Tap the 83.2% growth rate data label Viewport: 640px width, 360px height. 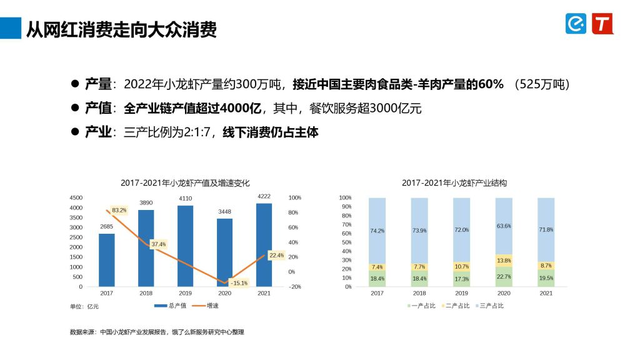pos(119,210)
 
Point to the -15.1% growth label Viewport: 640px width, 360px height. pos(238,282)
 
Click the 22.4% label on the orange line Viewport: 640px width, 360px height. pos(276,255)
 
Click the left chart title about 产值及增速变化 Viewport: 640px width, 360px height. pos(185,183)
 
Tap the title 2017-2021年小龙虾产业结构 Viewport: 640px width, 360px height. pos(454,183)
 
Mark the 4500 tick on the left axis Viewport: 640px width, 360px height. pos(75,197)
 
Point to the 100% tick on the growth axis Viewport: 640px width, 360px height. pos(294,197)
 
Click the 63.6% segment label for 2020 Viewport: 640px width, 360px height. pos(504,226)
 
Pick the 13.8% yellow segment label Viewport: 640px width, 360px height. pos(504,260)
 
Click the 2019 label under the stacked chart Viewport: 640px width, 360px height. pos(461,293)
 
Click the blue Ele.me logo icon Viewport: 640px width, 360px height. pos(576,24)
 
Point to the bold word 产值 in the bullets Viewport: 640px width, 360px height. pos(98,108)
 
